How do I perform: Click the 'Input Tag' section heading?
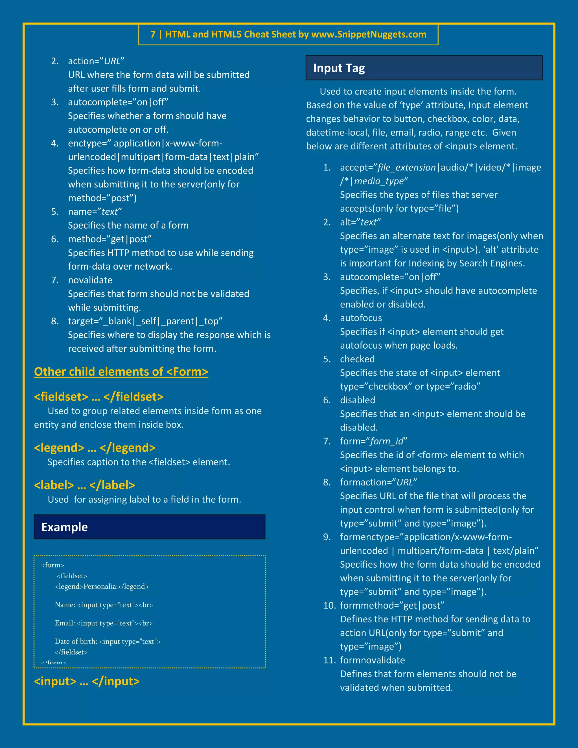point(339,68)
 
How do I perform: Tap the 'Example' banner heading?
point(64,527)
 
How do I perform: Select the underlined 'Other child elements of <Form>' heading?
point(121,372)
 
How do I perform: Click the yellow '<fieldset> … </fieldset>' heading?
point(98,397)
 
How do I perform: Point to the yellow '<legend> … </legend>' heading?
point(95,448)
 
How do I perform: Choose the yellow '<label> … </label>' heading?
point(84,485)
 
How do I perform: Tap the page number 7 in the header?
point(153,35)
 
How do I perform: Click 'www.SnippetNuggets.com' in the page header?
point(369,35)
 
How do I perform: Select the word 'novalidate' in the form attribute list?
point(90,280)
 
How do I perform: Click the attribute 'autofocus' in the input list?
point(361,318)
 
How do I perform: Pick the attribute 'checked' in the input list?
point(357,359)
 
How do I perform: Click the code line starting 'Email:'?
point(103,623)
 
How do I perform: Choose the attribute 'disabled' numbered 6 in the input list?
point(358,400)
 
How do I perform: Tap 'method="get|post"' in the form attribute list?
point(110,239)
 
